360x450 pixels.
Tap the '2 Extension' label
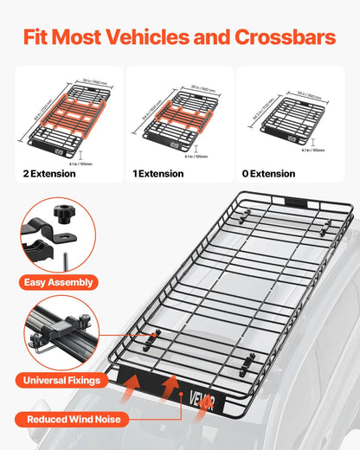tap(49, 174)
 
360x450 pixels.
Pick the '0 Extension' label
tap(268, 174)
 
